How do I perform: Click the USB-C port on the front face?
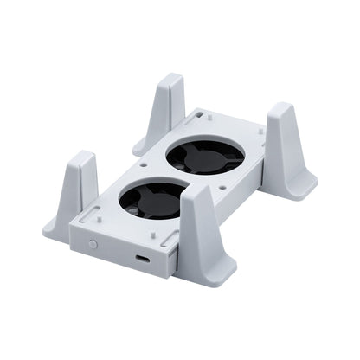tap(142, 264)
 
